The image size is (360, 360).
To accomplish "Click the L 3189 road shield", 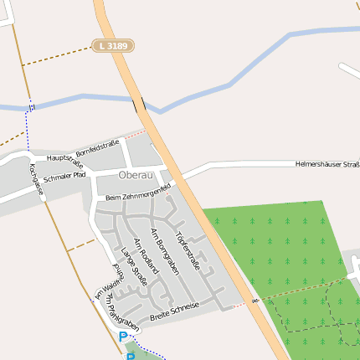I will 111,45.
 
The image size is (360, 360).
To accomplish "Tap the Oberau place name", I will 136,175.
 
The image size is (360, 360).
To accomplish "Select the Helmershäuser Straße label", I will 327,164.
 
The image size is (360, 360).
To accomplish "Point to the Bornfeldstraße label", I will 98,149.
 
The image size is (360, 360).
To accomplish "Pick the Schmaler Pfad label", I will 64,177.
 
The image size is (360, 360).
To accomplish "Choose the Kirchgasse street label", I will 35,180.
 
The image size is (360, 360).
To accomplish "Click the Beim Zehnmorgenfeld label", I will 138,192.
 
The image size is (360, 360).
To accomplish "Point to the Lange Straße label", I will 134,266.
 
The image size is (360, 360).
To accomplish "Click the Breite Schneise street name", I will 174,311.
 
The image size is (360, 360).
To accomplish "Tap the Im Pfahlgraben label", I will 114,308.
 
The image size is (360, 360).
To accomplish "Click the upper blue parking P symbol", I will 123,337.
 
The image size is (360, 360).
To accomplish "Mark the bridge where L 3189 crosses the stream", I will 138,104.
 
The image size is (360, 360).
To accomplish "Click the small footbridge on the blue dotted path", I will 32,106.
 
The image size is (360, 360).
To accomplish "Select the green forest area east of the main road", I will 276,251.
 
